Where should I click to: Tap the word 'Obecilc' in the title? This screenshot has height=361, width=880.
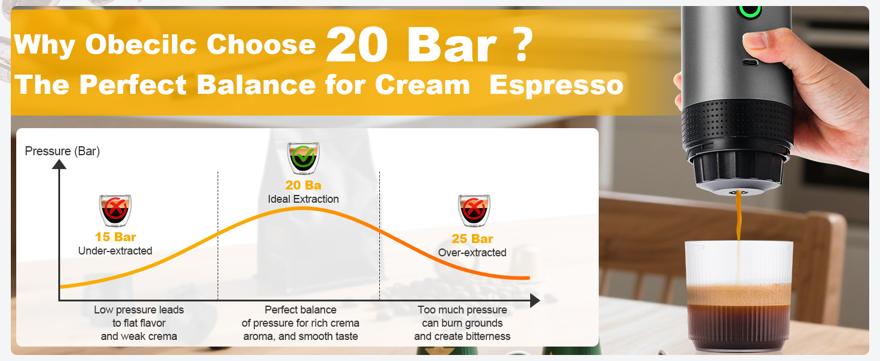pos(141,44)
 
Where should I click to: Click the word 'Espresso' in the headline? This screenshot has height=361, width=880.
pos(556,85)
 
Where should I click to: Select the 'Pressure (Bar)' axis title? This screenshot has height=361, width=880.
pos(63,151)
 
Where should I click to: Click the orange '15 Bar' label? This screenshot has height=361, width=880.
pos(115,237)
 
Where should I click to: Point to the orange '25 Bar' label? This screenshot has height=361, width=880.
pos(472,239)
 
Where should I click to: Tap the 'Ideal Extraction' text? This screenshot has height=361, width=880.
pos(304,199)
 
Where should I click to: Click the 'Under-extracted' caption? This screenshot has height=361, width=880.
pos(115,251)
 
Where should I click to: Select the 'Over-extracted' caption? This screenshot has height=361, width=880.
pos(472,253)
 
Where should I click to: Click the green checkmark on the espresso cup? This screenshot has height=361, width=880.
pos(304,156)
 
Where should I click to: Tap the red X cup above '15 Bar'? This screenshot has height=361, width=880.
pos(115,211)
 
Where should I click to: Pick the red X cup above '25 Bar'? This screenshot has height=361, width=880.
pos(474,211)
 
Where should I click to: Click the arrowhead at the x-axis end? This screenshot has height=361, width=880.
pos(535,301)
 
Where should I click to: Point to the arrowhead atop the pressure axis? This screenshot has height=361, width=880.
pos(60,164)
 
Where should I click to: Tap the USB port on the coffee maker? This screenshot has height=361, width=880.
pos(750,63)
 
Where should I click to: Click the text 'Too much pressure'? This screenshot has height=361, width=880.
pos(462,310)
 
